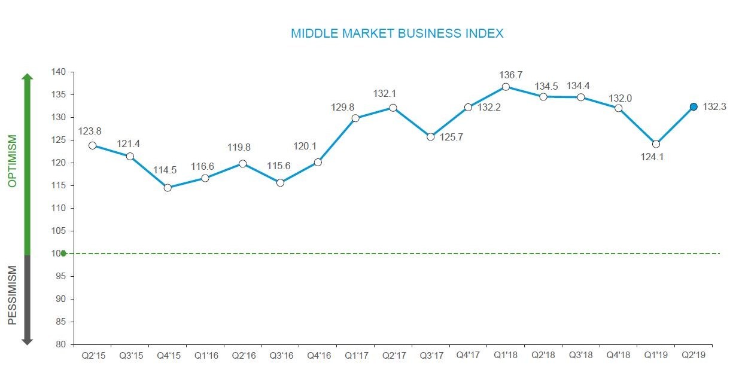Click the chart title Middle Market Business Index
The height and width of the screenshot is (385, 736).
[x=397, y=33]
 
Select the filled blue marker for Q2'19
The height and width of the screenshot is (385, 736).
[x=694, y=107]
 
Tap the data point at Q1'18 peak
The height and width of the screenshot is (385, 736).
[x=506, y=87]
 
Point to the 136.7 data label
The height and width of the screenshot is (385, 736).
[x=510, y=75]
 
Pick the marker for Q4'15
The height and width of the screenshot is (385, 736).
[x=168, y=188]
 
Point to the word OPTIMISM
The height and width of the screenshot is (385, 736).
[x=13, y=161]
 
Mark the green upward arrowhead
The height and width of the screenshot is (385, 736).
[x=27, y=77]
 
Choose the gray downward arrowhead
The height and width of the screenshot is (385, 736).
[x=27, y=341]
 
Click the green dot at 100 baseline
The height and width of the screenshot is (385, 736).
[x=63, y=253]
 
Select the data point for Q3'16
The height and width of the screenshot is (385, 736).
[x=280, y=183]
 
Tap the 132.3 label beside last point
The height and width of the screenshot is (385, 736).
[x=714, y=107]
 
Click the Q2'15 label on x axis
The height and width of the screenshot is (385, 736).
[x=92, y=356]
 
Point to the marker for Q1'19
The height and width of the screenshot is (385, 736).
[x=656, y=144]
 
